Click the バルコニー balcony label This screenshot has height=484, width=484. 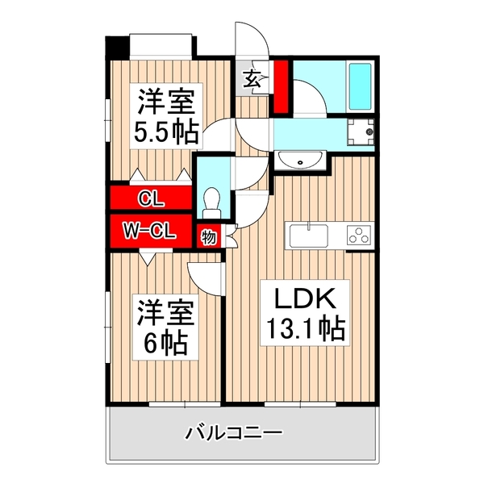point(234,435)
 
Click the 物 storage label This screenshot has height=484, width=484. point(207,238)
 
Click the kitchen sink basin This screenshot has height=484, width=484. point(308,237)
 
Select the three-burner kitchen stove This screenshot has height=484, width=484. point(358,236)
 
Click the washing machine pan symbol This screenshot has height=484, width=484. point(360,132)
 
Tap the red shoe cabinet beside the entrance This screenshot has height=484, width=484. point(281,86)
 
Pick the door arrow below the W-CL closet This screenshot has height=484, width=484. point(148,257)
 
